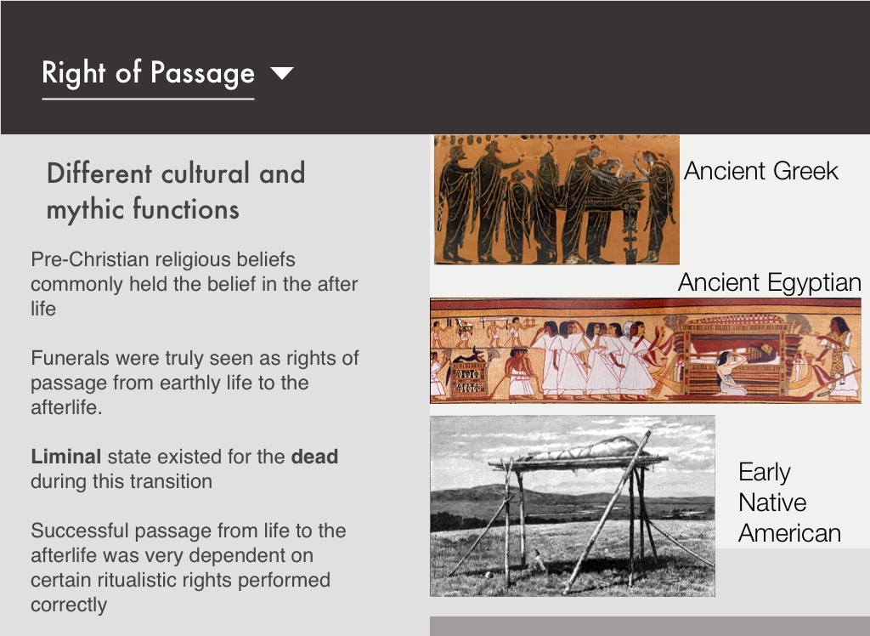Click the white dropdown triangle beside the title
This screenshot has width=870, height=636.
[282, 73]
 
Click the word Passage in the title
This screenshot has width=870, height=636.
[202, 73]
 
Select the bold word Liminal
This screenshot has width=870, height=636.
[66, 457]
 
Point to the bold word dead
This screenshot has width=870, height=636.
[314, 457]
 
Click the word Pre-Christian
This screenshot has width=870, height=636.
[90, 259]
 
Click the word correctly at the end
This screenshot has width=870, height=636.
[69, 605]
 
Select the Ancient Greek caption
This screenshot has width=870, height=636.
[760, 171]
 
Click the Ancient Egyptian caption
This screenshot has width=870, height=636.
[770, 283]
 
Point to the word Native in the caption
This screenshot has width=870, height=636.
[772, 503]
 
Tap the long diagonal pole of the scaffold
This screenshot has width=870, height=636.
[607, 512]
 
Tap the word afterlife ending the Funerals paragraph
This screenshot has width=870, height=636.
[66, 408]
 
